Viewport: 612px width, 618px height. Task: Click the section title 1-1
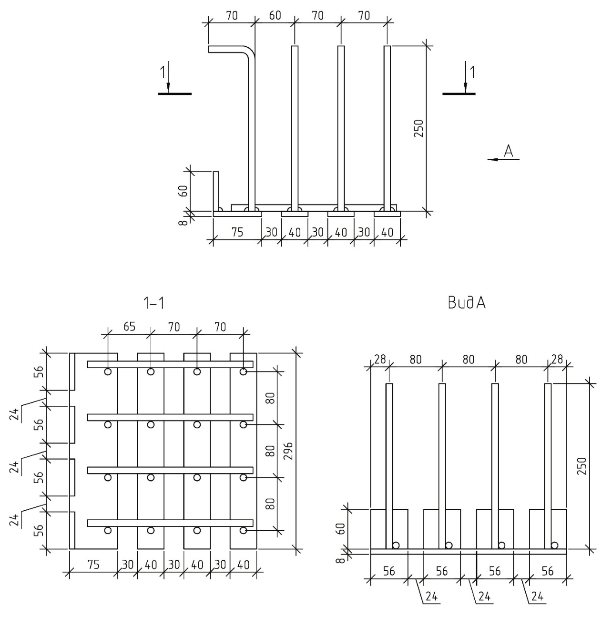coord(154,303)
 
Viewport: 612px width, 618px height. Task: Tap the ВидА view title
coord(467,303)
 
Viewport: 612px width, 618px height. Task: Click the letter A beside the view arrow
coord(509,151)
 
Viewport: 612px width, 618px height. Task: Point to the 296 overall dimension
coord(289,451)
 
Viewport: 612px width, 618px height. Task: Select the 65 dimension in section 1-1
coord(129,327)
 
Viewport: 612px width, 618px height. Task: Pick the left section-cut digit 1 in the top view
coord(163,72)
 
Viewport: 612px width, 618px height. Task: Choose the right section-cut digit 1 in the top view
coord(472,72)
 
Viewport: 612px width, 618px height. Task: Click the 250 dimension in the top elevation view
coord(418,128)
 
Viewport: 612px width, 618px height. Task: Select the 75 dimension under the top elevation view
coord(237,232)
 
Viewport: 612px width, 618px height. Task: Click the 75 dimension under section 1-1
coord(93,565)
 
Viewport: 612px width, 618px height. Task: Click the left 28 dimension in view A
coord(379,359)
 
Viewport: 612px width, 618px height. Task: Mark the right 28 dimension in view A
coord(557,359)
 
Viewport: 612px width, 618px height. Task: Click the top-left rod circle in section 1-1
coord(108,371)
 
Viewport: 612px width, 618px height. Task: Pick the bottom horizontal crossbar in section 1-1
coord(170,523)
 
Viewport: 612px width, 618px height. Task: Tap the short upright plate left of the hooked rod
coord(216,191)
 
